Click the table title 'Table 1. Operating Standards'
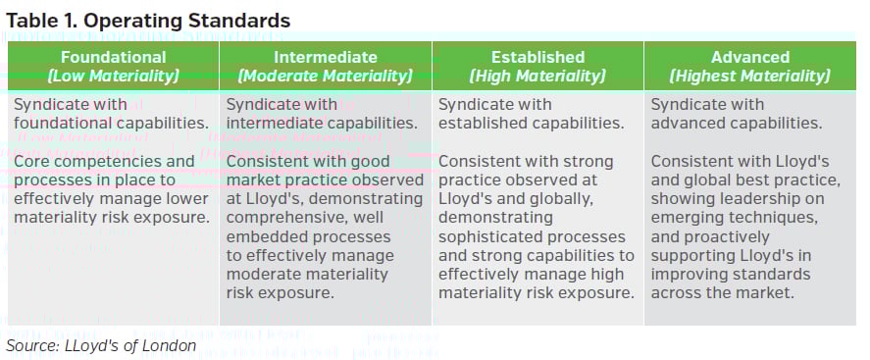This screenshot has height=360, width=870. (148, 20)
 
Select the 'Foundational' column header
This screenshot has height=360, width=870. (113, 57)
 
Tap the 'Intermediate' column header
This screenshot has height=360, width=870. (325, 57)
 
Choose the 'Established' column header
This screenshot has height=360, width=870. (537, 57)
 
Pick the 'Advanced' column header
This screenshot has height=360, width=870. (749, 57)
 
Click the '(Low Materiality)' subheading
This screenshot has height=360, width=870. (113, 76)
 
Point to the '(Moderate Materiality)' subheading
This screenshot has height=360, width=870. (325, 76)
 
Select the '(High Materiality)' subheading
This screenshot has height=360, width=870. (537, 76)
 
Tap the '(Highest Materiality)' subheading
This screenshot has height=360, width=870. (749, 76)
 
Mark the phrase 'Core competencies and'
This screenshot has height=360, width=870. (104, 161)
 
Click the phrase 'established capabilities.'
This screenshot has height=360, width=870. (531, 123)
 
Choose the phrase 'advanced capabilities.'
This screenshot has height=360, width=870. (736, 123)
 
